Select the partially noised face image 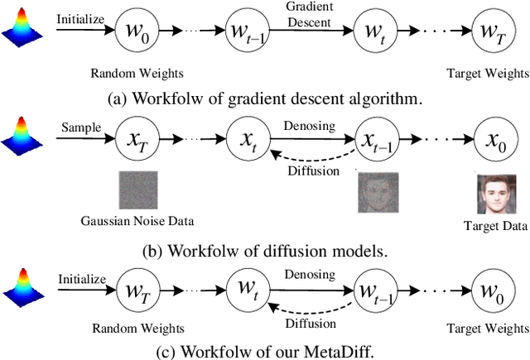tap(378, 193)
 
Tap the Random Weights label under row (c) tap(136, 329)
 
